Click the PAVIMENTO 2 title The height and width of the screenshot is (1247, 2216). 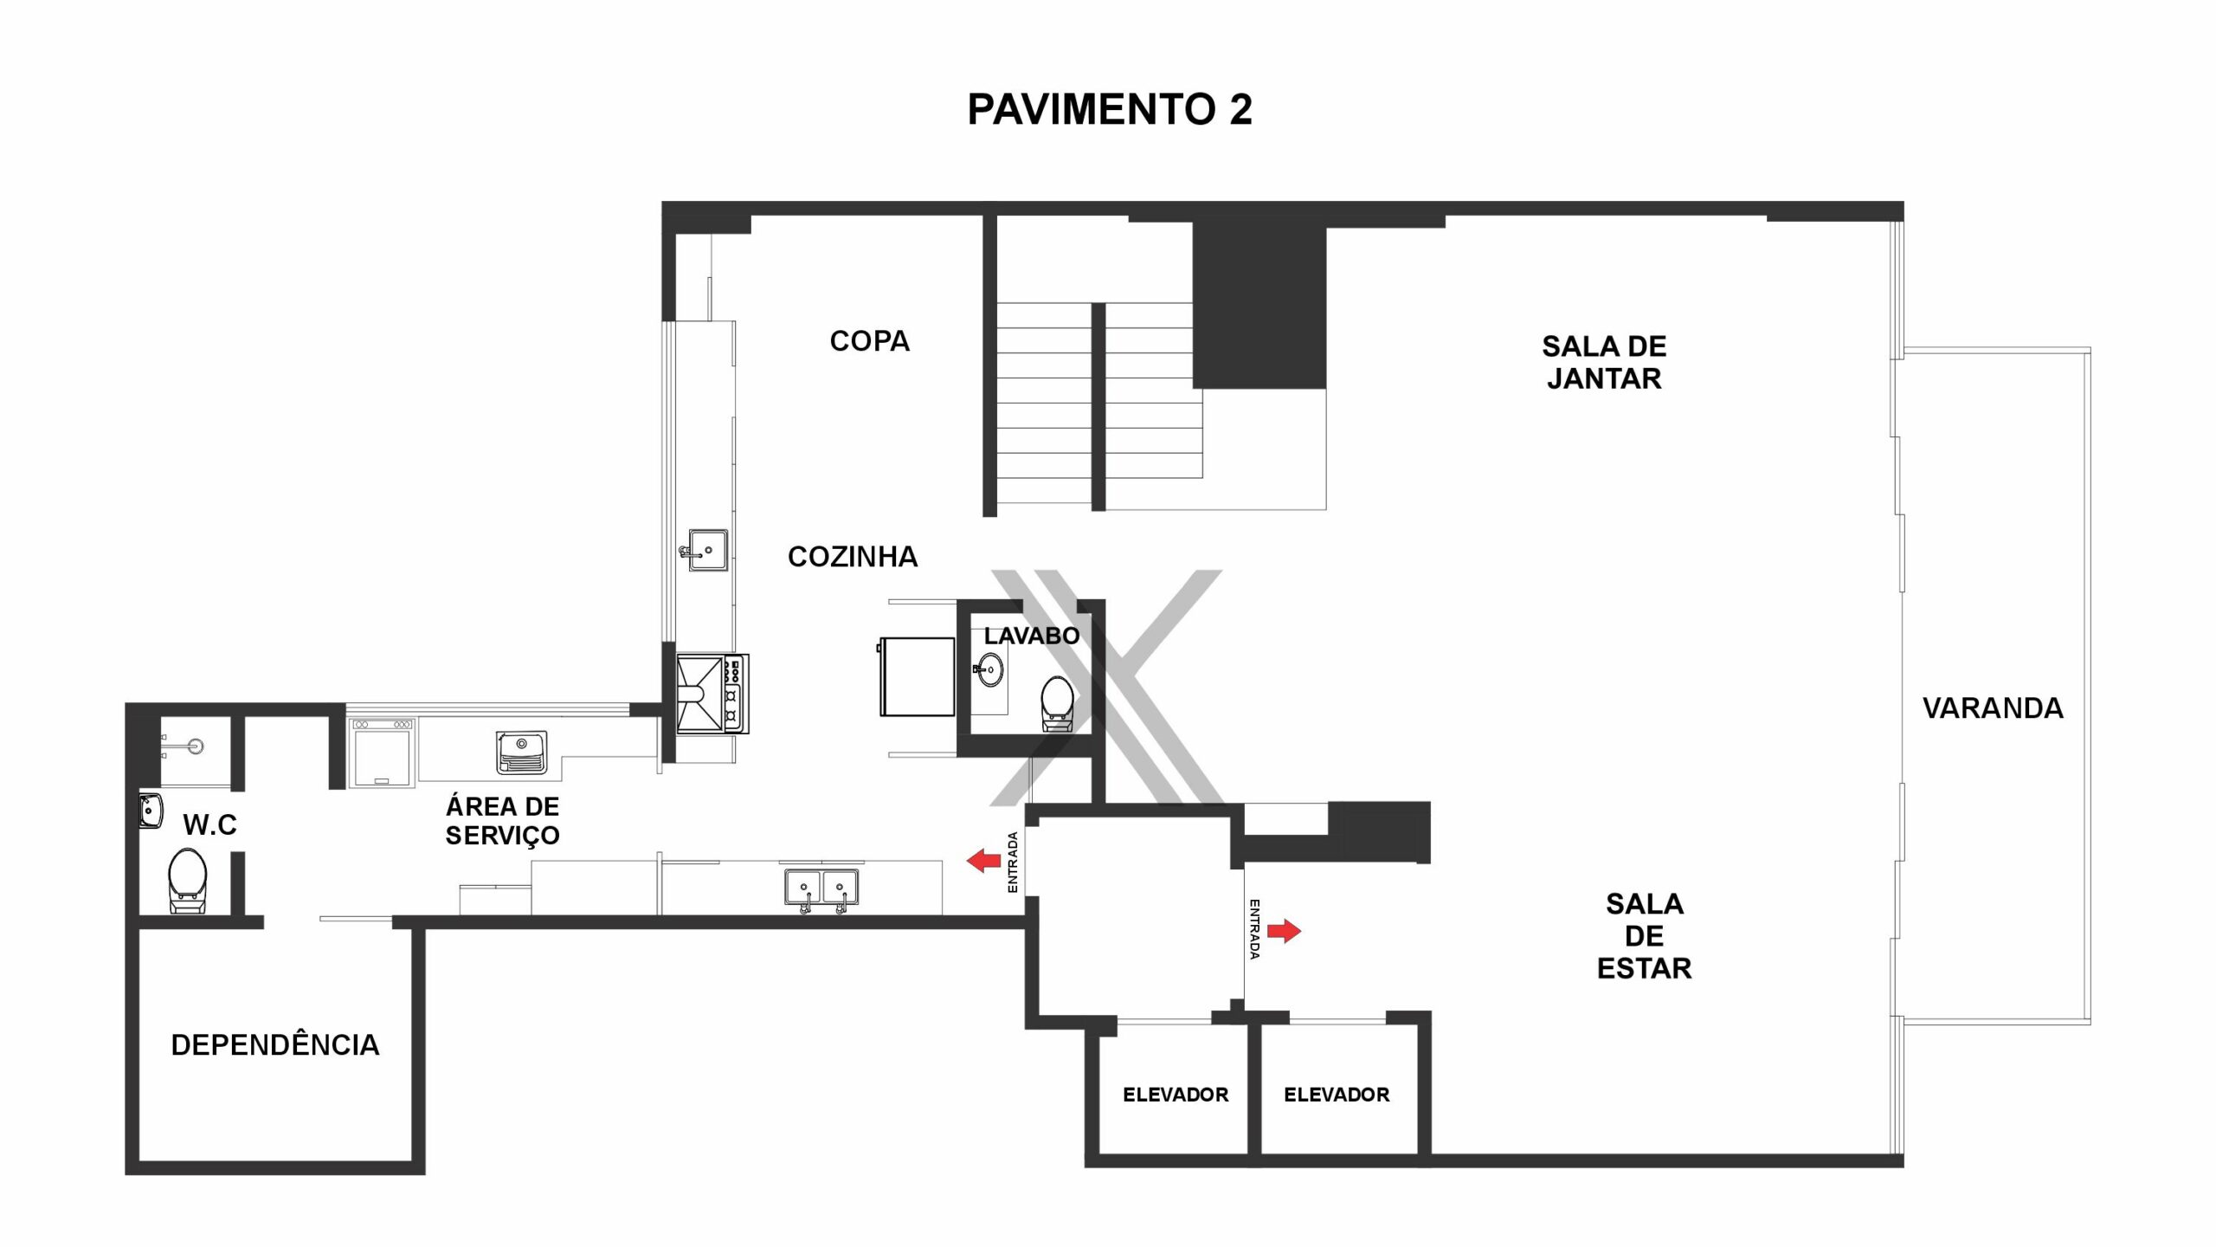(1109, 110)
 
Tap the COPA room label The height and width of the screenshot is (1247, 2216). (870, 341)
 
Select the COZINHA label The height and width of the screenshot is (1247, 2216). (853, 557)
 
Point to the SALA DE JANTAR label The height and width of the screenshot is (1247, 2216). (1604, 363)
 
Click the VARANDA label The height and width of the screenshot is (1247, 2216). (1993, 708)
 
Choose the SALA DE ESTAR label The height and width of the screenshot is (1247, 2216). (1644, 936)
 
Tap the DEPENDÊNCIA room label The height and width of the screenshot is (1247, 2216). (275, 1045)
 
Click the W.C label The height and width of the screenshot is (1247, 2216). (209, 825)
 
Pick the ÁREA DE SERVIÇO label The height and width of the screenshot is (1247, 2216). (502, 821)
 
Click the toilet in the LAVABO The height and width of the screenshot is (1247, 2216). (1056, 702)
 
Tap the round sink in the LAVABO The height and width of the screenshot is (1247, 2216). (989, 669)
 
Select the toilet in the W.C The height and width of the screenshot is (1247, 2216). (187, 880)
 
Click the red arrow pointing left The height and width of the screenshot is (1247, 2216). (983, 861)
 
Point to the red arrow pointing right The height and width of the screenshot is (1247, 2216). (1285, 931)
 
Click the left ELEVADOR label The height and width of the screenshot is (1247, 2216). (1176, 1095)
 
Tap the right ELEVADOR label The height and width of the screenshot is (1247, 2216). (1337, 1095)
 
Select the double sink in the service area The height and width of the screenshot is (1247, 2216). (822, 889)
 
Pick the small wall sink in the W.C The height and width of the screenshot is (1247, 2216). (151, 811)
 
